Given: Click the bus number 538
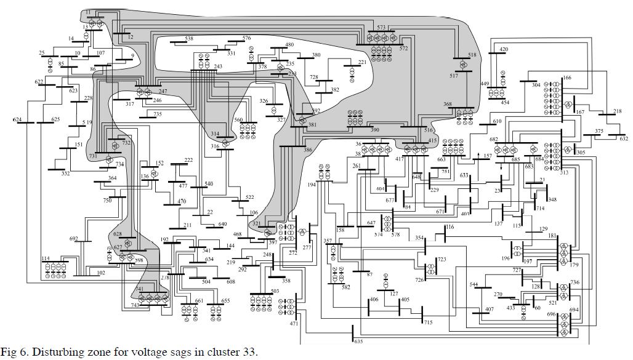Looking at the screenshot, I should (188, 39).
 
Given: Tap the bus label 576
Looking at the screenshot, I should (247, 38).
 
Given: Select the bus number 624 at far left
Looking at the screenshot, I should (17, 119).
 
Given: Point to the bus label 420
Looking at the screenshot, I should (504, 49).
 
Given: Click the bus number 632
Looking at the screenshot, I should (624, 139).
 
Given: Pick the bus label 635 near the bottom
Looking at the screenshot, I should (358, 342).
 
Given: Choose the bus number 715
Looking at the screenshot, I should (428, 322).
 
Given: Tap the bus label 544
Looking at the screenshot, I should (474, 284).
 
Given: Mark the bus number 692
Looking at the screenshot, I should (74, 239).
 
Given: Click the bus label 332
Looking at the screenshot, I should (65, 174).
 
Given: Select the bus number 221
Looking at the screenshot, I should (362, 62).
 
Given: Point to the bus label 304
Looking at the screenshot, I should (536, 86).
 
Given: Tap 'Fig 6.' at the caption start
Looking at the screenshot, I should (14, 353).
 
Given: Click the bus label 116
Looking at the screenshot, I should (450, 227).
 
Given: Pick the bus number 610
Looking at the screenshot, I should (498, 122).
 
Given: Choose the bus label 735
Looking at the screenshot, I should (158, 114).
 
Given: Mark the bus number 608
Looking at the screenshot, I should (230, 282).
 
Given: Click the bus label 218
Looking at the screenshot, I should (618, 111).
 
